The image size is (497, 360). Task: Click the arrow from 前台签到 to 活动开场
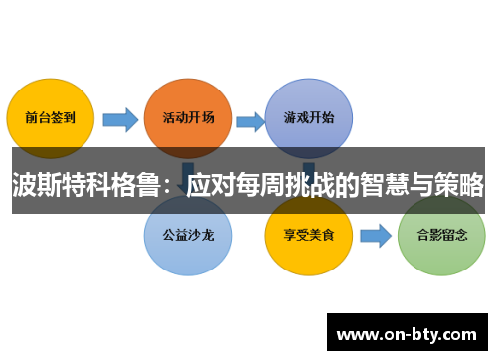[x=119, y=120]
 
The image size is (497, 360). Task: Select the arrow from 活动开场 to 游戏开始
[x=248, y=120]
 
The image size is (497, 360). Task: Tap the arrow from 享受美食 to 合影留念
[x=374, y=237]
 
